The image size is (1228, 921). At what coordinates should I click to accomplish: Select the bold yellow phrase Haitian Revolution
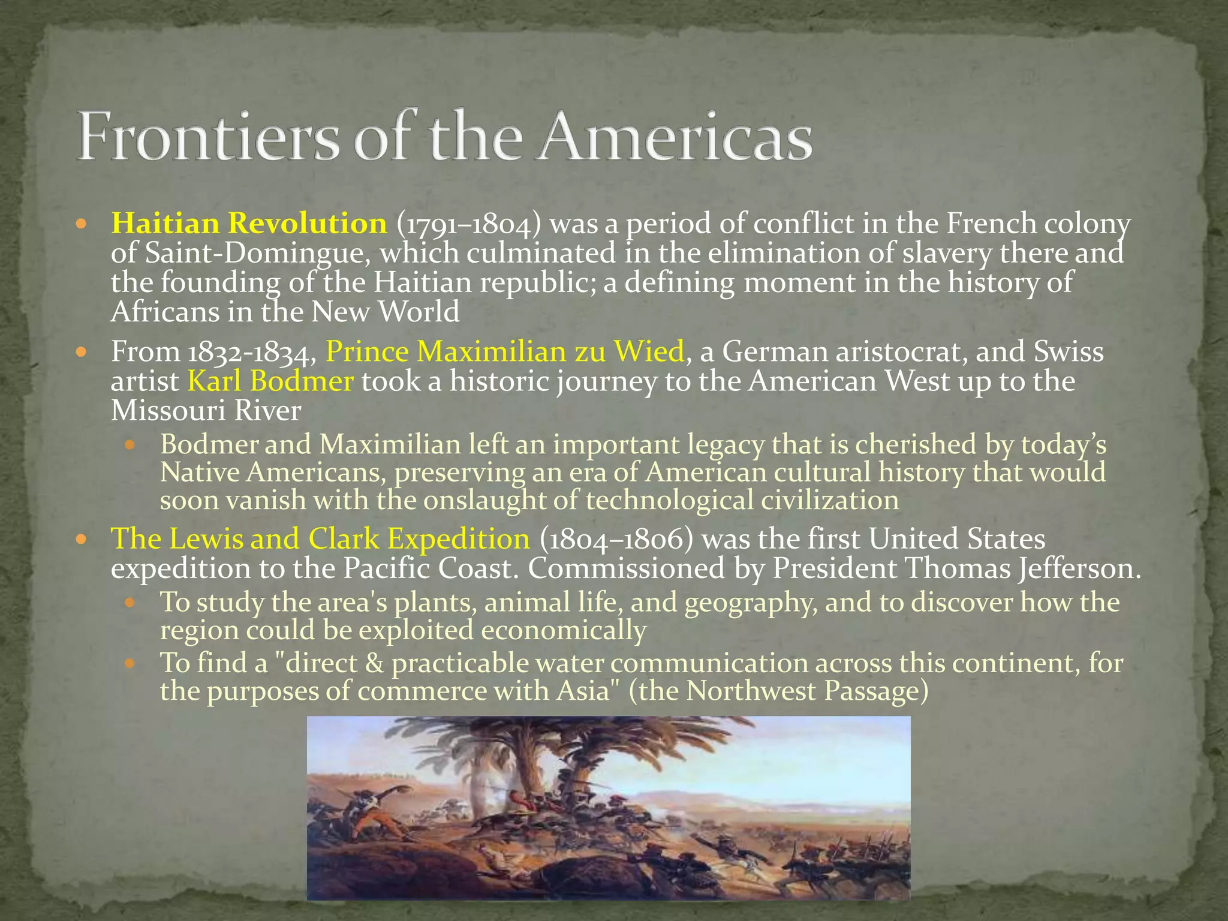tap(249, 224)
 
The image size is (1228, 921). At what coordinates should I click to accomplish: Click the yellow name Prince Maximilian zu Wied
tap(505, 351)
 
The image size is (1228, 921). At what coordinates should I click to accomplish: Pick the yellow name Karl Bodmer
tap(270, 381)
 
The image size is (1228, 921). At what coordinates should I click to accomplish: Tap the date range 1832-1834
tap(252, 351)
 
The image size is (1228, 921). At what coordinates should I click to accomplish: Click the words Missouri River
tap(206, 411)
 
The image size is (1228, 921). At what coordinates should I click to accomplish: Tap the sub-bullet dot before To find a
tap(131, 664)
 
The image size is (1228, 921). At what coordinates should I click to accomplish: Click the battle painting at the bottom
tap(608, 807)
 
